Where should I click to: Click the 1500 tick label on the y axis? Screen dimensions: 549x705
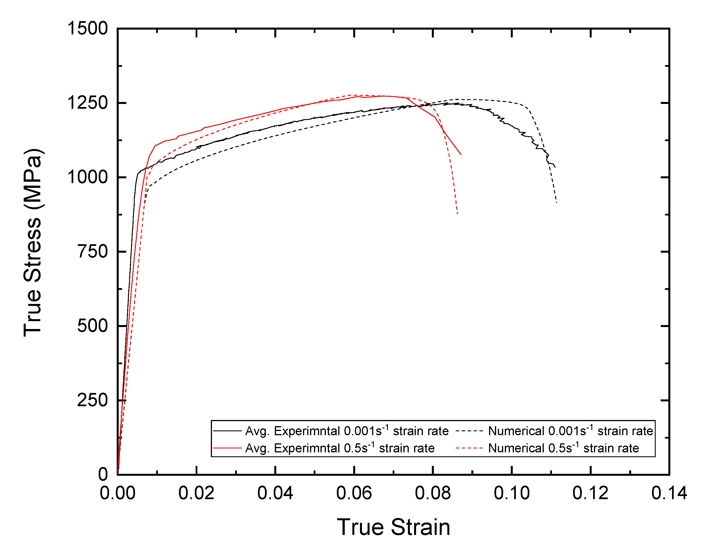[x=87, y=28]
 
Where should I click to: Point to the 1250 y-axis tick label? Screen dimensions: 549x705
[x=87, y=103]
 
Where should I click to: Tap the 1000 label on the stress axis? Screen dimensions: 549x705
[x=87, y=177]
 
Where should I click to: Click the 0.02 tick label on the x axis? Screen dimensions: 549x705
[x=196, y=493]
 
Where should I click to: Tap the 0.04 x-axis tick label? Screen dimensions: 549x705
[x=275, y=493]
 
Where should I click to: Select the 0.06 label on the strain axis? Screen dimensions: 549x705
[x=354, y=493]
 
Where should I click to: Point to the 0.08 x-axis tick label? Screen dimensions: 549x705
[x=432, y=493]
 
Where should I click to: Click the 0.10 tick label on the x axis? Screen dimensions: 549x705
[x=512, y=493]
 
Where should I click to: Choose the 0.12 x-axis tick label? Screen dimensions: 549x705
[x=590, y=493]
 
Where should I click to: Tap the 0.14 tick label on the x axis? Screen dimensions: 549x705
[x=669, y=493]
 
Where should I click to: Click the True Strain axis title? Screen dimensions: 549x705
[x=394, y=527]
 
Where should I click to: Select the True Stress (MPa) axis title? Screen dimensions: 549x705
[x=33, y=243]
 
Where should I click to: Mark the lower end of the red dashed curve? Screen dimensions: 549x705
[x=458, y=214]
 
